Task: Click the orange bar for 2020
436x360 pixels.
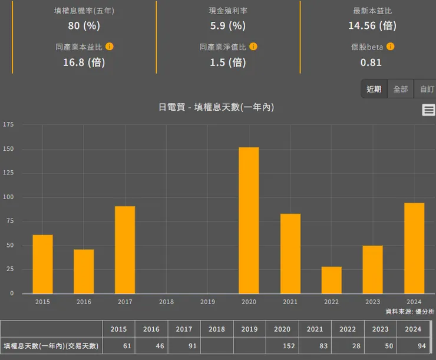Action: click(249, 220)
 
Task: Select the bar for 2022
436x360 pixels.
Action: click(331, 280)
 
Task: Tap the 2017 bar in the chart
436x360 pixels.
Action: click(125, 250)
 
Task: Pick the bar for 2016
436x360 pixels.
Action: click(84, 271)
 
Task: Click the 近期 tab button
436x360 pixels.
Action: click(374, 89)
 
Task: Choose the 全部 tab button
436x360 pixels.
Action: click(401, 89)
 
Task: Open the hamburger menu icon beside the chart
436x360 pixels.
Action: click(429, 110)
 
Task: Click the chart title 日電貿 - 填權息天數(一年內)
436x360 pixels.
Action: click(216, 107)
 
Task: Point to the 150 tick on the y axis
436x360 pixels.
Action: click(9, 149)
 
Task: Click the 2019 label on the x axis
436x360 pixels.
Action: click(207, 302)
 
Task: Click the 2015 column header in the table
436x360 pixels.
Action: click(118, 329)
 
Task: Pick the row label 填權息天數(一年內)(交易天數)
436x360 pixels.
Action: click(51, 346)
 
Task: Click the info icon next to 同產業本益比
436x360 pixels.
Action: click(110, 47)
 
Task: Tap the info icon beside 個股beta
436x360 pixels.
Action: click(390, 47)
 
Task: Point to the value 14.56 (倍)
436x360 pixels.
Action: click(372, 25)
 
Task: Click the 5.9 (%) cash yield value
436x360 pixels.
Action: click(227, 25)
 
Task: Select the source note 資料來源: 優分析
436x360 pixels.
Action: click(409, 311)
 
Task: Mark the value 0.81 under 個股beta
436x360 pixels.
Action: click(371, 62)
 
